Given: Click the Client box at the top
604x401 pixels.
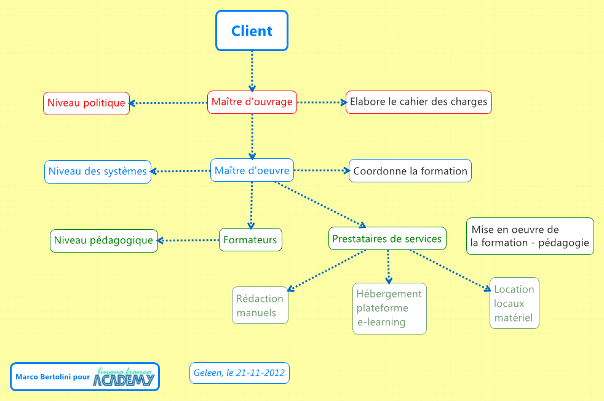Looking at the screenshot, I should [x=252, y=31].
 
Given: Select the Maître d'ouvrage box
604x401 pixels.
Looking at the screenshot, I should [x=252, y=102].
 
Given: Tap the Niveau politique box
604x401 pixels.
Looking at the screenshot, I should [x=86, y=103].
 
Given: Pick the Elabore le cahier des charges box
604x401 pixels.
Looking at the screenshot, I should [x=418, y=102].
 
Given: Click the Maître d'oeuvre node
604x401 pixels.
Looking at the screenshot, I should [x=252, y=170].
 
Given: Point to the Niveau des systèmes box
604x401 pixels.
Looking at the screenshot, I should [x=98, y=171].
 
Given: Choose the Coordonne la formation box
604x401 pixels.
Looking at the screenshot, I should [x=410, y=171].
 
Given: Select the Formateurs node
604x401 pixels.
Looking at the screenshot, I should [x=250, y=240].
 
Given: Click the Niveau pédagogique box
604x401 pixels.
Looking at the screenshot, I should [x=103, y=240].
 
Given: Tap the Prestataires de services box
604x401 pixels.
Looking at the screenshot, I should [x=387, y=238].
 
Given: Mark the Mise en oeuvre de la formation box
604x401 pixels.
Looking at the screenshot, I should [x=530, y=236].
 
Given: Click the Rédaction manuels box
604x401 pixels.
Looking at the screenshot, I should [x=260, y=306].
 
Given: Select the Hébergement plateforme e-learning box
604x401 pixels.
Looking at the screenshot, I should [x=389, y=308].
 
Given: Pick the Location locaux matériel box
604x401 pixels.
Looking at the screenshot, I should [x=514, y=303].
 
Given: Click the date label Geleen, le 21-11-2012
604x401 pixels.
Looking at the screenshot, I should [x=239, y=373].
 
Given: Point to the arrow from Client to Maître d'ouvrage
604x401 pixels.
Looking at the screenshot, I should [x=252, y=71].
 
